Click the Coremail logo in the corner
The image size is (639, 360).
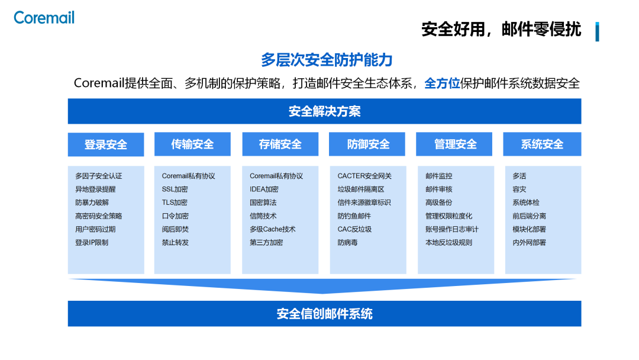[44, 18]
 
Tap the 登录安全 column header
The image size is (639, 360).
[106, 144]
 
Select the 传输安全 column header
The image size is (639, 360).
[192, 144]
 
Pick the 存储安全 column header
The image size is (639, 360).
[280, 144]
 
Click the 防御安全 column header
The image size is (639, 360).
[368, 144]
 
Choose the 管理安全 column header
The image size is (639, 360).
[455, 144]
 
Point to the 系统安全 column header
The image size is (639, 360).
[542, 144]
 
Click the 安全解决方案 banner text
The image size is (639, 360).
[324, 111]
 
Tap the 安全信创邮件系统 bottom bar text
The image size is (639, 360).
[324, 314]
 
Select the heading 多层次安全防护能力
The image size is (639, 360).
[327, 60]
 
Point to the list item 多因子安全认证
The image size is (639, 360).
[99, 176]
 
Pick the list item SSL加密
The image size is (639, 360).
[175, 189]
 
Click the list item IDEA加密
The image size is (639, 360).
[264, 189]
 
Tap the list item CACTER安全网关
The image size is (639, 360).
[364, 176]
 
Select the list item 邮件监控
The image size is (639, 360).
[438, 176]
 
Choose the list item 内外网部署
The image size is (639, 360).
[529, 242]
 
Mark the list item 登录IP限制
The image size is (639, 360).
[92, 242]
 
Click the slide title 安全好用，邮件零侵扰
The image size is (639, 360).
[501, 29]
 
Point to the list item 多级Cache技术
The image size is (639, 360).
[272, 229]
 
